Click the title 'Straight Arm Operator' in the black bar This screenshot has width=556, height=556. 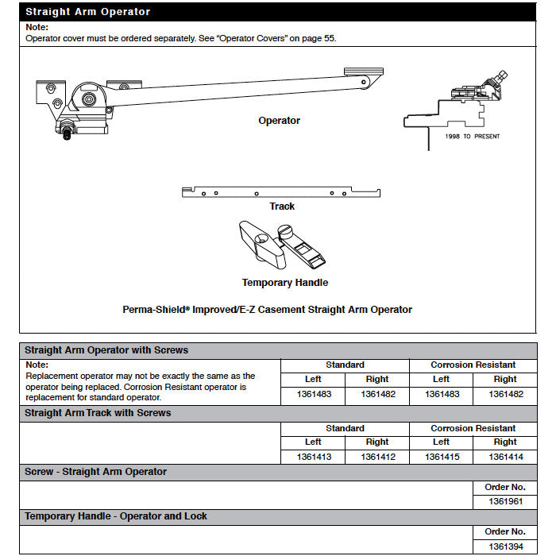[x=87, y=12]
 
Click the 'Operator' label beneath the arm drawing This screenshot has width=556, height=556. [x=279, y=121]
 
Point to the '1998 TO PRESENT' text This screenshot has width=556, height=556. [x=472, y=137]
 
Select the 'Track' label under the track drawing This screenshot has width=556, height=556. [x=282, y=207]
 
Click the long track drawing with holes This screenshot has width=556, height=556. [x=281, y=192]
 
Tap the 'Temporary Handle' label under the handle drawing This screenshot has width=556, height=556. [x=285, y=283]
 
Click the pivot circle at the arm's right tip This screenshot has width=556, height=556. [x=365, y=81]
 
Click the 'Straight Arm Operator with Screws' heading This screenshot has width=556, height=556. [x=106, y=349]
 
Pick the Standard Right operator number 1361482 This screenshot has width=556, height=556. [x=377, y=394]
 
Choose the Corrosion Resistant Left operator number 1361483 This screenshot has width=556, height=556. [x=442, y=394]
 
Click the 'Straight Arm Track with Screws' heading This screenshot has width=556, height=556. [x=98, y=413]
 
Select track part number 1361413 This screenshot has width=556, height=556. [x=313, y=457]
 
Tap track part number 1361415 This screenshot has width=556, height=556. [x=442, y=457]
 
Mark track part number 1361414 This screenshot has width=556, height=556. [x=505, y=457]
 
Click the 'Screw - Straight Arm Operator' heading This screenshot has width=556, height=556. [x=95, y=472]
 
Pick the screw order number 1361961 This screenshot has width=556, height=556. [x=505, y=502]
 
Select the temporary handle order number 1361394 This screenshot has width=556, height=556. [x=505, y=546]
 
